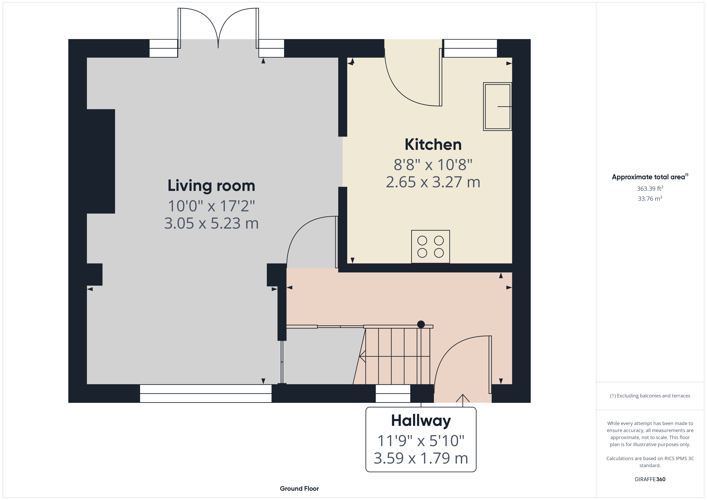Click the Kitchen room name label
pos(433,145)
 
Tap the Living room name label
pos(211,186)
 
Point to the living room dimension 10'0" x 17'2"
pos(211,206)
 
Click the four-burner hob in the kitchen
pos(430,247)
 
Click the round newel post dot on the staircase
pos(421,324)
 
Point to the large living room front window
pos(206,393)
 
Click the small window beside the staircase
pos(393,393)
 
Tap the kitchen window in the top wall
pos(470,48)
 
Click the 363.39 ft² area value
pos(650,189)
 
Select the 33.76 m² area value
pos(650,199)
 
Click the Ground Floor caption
pos(299,489)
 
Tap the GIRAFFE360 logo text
pos(650,479)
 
